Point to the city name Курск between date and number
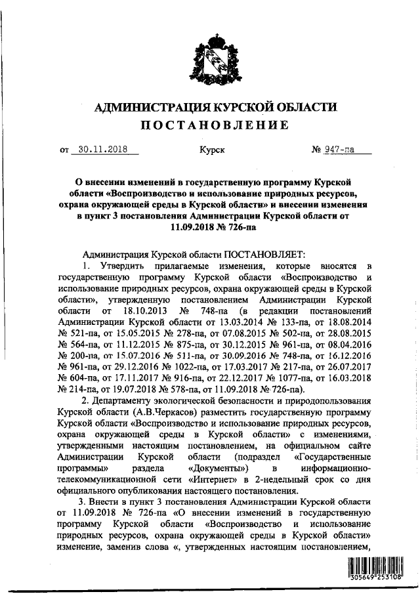[x=212, y=150]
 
